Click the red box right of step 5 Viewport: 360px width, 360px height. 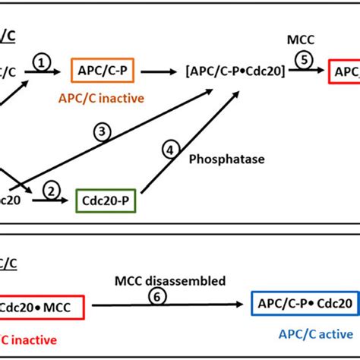point(344,72)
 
